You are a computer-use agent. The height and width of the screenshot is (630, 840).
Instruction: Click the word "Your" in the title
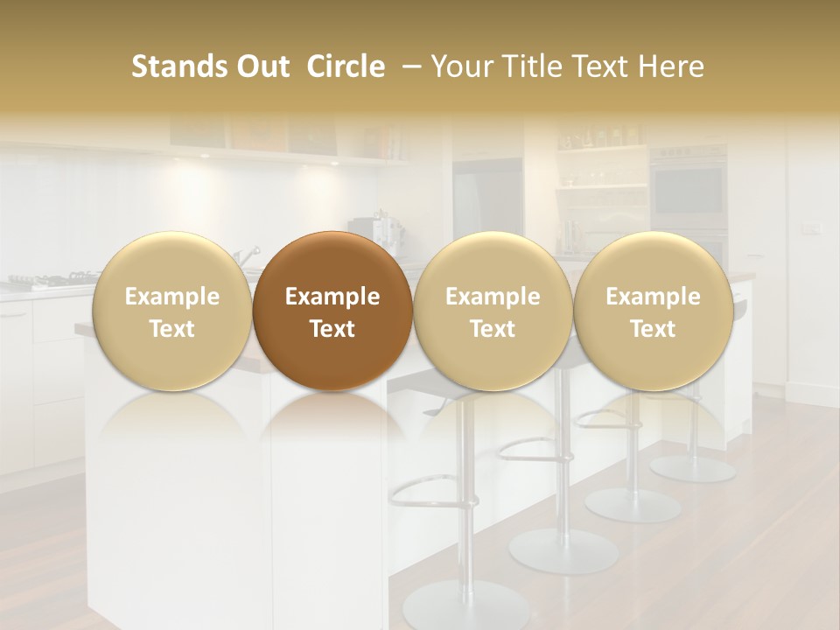click(x=460, y=66)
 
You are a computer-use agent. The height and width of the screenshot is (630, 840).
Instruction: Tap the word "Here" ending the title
click(x=674, y=66)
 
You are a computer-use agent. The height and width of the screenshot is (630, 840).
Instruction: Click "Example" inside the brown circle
click(x=332, y=297)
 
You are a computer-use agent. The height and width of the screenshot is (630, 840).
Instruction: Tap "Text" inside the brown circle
click(x=332, y=329)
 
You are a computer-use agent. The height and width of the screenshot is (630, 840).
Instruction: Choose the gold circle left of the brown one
click(x=171, y=311)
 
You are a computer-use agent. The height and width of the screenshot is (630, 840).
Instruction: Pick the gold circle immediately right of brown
click(x=493, y=311)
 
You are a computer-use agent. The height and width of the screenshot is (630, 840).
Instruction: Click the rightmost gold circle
click(x=653, y=311)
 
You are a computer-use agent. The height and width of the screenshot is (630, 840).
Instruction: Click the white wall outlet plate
click(x=811, y=229)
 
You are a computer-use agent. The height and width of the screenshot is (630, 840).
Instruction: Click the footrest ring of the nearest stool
click(x=433, y=491)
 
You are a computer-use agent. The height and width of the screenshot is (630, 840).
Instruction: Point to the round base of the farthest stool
click(x=693, y=468)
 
